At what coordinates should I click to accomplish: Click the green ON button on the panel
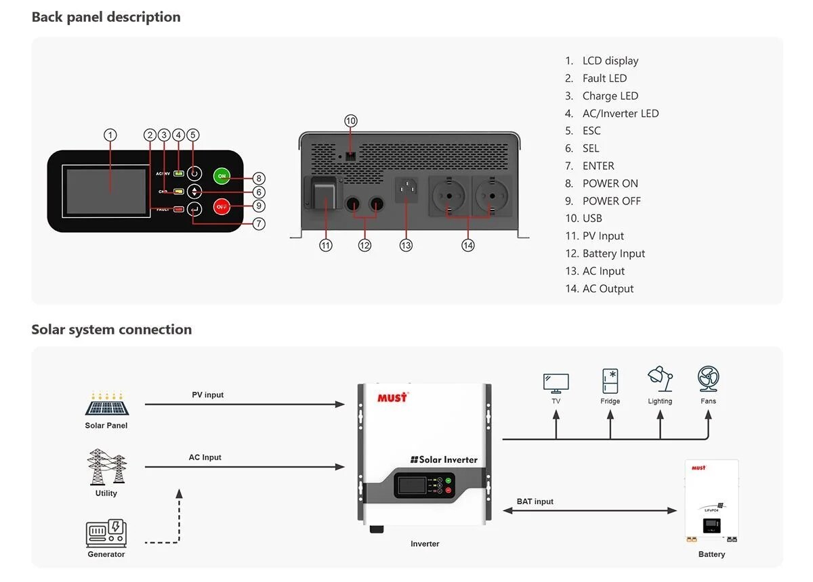tap(222, 176)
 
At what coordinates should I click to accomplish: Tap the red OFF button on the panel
tap(222, 206)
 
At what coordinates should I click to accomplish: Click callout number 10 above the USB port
tap(350, 121)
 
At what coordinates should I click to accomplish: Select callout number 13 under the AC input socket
tap(406, 246)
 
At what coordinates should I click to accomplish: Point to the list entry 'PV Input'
tap(602, 236)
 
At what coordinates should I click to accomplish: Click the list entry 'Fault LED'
tap(604, 79)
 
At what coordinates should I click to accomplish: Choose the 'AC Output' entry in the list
tap(608, 289)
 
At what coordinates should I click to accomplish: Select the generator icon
tap(106, 533)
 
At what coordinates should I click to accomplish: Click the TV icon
tap(556, 383)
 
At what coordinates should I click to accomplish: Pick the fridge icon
tap(610, 381)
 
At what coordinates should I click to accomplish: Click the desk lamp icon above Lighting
tap(660, 380)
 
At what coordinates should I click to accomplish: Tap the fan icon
tap(709, 380)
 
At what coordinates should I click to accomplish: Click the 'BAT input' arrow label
tap(535, 501)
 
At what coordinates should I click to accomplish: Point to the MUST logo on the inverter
tap(392, 397)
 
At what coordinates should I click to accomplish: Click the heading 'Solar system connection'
tap(112, 330)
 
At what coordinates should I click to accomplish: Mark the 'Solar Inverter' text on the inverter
tap(444, 460)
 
